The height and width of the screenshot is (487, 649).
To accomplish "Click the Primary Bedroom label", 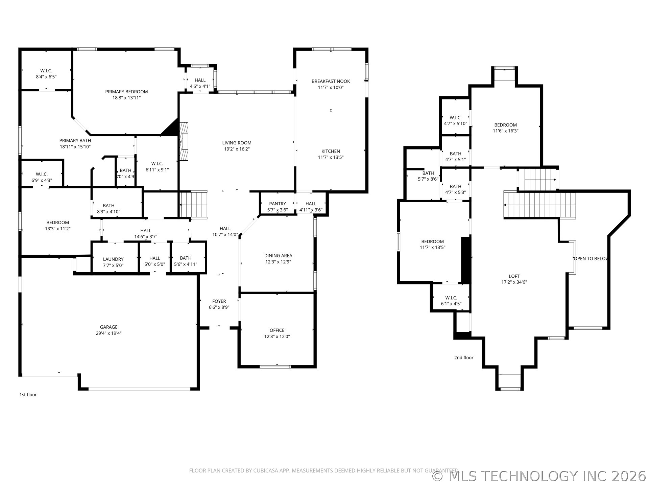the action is [x=126, y=92].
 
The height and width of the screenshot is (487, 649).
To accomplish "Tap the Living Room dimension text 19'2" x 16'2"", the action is [x=237, y=149].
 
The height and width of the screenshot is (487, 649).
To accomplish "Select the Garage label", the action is [x=109, y=327].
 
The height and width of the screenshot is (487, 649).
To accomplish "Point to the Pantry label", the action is [x=278, y=204].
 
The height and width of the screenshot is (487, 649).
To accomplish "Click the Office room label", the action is [x=277, y=330].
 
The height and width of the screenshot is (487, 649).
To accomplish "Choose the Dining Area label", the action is [x=278, y=256].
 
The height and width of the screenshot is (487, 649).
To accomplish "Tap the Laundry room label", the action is [x=113, y=259].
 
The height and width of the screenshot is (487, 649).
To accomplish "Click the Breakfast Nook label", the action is [x=331, y=81].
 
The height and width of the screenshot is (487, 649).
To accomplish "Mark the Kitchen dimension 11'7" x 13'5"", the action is [x=331, y=157].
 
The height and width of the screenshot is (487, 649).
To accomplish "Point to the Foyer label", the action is [x=219, y=301].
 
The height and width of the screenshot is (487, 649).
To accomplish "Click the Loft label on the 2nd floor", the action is [x=514, y=276].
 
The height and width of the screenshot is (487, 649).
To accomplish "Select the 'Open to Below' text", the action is [x=591, y=259].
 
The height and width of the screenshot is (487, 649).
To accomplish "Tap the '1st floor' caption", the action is [x=28, y=395].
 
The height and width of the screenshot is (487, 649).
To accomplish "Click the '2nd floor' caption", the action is [x=464, y=357].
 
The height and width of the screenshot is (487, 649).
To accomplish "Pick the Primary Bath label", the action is [x=75, y=141].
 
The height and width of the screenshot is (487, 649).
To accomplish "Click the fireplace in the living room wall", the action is [x=184, y=141].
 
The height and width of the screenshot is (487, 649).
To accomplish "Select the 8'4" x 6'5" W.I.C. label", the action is [x=46, y=74].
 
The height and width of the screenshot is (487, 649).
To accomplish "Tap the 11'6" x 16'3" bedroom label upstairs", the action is [x=506, y=128].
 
